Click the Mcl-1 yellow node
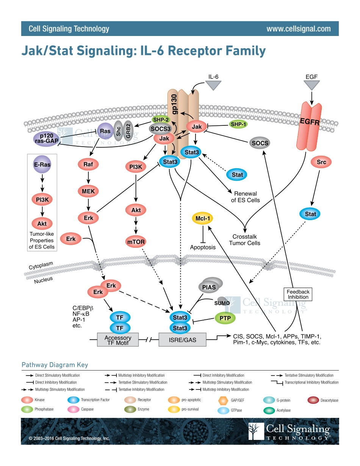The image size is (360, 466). (203, 218)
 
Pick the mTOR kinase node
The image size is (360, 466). (136, 241)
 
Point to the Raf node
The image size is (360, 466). (88, 164)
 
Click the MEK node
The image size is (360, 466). (88, 191)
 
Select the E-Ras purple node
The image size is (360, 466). (42, 165)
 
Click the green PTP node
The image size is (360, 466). (225, 318)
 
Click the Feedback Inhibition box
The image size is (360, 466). (298, 294)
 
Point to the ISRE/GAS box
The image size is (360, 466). (183, 340)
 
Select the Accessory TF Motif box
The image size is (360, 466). (118, 340)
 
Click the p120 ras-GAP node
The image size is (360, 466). (45, 139)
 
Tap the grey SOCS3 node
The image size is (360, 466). (161, 129)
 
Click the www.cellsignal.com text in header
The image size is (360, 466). (298, 29)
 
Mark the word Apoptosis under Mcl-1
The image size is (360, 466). (203, 247)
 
